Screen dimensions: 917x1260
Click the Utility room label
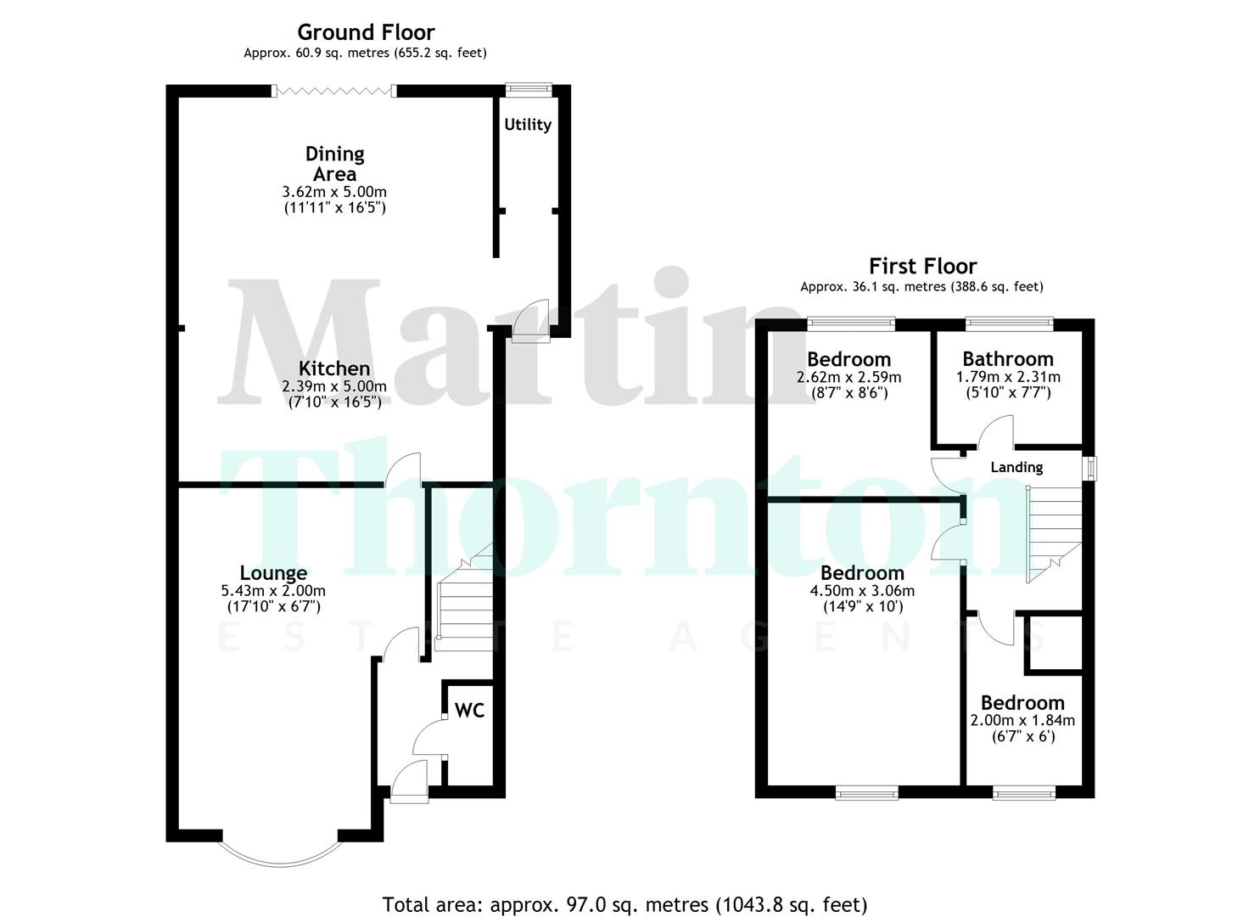pos(528,125)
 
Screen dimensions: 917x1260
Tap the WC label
pos(469,710)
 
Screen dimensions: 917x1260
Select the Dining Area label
pos(335,163)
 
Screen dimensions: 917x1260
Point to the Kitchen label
pos(334,368)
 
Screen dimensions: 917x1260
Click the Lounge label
pos(273,573)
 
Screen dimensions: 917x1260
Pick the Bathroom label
pos(1008,359)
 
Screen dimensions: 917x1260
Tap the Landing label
pos(1016,467)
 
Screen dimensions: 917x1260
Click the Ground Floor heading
pos(366,32)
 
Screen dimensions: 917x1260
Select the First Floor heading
pos(922,266)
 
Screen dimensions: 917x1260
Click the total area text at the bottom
pos(624,904)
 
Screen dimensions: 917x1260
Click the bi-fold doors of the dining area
pos(334,90)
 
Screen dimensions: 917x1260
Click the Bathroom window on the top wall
pos(1010,323)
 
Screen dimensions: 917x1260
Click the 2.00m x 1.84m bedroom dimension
pos(1022,721)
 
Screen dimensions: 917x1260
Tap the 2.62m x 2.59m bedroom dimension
pos(848,377)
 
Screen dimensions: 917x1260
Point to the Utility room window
pos(528,88)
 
